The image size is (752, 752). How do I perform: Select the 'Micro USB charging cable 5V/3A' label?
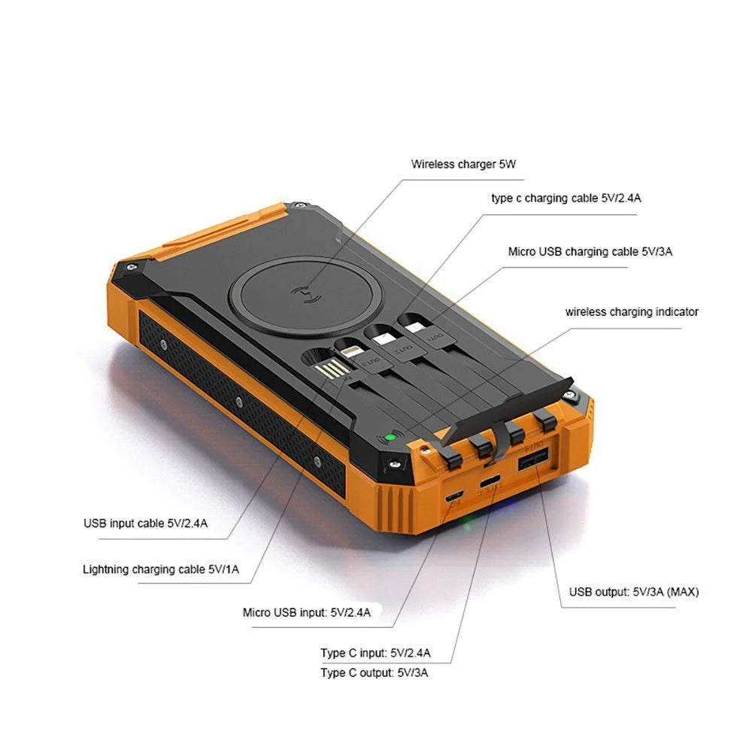(x=590, y=251)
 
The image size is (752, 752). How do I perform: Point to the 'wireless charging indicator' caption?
(x=632, y=311)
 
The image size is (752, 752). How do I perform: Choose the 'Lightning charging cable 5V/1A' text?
(x=161, y=569)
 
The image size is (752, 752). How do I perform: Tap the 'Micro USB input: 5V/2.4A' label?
(x=307, y=612)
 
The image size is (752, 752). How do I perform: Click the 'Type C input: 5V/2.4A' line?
(x=375, y=652)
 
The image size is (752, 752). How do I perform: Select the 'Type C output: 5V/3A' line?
(x=374, y=672)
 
